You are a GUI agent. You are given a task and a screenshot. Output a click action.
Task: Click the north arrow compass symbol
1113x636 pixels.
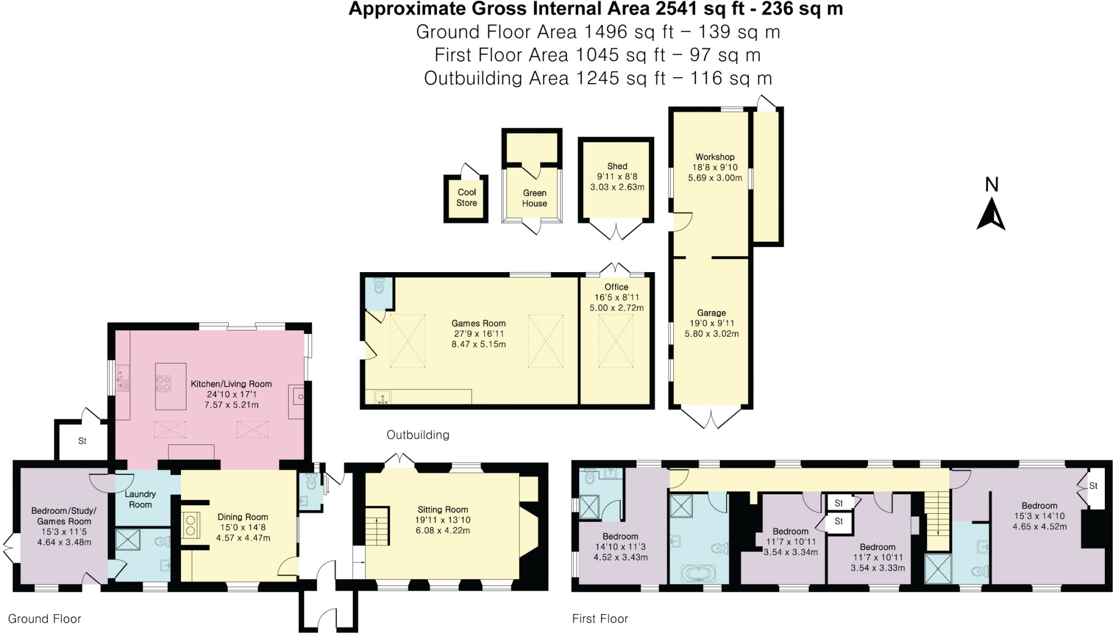[x=991, y=214]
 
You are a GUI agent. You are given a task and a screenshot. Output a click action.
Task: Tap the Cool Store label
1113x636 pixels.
[x=466, y=198]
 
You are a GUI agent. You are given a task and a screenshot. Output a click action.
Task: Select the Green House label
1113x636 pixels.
[x=534, y=198]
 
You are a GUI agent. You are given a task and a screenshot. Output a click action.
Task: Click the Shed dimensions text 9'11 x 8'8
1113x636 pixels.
[x=617, y=177]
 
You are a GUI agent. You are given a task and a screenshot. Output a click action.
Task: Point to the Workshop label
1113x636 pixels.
[x=715, y=157]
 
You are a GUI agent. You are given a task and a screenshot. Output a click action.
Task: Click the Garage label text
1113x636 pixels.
[x=711, y=313]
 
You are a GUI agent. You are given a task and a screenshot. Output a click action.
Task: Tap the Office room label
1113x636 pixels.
[x=616, y=287]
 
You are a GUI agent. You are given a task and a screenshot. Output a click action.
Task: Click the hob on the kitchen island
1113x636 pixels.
[x=164, y=384]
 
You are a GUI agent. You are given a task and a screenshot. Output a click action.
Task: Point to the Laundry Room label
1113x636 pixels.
[x=140, y=499]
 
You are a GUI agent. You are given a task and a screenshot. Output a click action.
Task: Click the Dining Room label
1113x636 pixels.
[x=243, y=517]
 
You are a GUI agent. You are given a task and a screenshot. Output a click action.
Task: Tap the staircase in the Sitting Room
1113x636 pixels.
[x=377, y=526]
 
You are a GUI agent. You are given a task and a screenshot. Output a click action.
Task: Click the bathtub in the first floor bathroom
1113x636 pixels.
[x=698, y=572]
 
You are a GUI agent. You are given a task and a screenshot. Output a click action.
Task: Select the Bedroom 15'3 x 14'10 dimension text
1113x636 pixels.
[x=1039, y=516]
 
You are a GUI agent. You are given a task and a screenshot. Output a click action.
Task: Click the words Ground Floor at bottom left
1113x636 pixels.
[x=45, y=619]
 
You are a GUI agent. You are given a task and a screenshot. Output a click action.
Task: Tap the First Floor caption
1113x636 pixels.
[x=600, y=619]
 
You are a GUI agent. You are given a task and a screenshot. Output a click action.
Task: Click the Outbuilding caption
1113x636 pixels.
[x=418, y=435]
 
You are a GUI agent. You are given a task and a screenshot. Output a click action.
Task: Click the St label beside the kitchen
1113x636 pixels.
[x=82, y=441]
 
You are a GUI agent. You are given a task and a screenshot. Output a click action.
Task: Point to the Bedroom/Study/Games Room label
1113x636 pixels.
[x=64, y=516]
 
